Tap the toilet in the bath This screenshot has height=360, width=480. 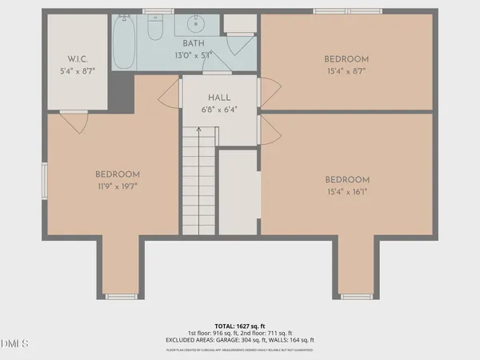tap(156, 29)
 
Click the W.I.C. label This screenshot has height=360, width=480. tap(77, 59)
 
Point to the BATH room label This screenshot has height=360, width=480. tap(194, 43)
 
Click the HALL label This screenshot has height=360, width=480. tap(219, 98)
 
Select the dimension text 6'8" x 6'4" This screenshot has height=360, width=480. tap(219, 110)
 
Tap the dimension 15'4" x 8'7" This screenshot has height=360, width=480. tap(346, 71)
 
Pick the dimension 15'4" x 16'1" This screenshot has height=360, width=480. tap(346, 191)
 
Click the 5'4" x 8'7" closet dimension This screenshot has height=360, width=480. tap(77, 71)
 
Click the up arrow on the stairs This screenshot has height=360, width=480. tap(198, 133)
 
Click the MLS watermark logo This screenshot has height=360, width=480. tap(14, 345)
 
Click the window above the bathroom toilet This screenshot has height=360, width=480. tap(156, 11)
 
